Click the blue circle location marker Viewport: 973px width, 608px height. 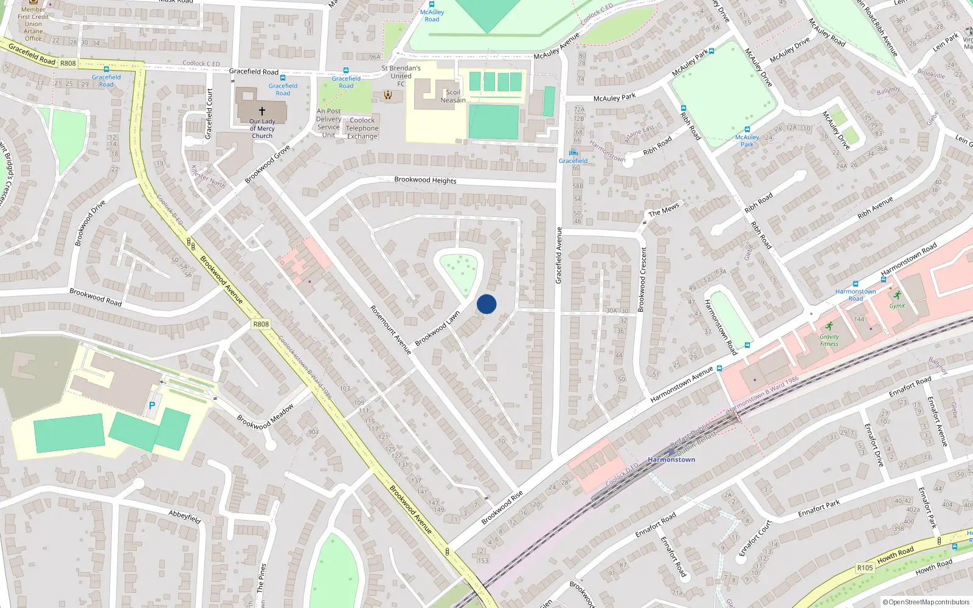(486, 304)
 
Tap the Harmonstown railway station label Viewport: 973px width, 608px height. (671, 460)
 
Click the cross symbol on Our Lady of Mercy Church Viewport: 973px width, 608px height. (262, 111)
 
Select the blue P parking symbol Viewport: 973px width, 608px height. (152, 405)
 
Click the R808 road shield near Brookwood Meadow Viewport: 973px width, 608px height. (261, 324)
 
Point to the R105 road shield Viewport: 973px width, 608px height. (865, 568)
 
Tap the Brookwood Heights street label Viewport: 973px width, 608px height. (425, 180)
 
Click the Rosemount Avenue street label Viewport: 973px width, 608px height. (391, 330)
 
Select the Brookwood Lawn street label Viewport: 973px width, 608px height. (437, 329)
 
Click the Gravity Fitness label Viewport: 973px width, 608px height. (829, 340)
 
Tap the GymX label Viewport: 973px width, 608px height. (897, 306)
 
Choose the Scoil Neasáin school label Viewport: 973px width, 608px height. (453, 96)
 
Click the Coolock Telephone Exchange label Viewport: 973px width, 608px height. (362, 128)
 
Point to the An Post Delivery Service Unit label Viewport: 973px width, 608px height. (328, 123)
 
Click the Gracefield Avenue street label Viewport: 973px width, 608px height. (559, 255)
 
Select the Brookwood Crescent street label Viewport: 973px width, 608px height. (643, 280)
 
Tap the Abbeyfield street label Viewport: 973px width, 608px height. (184, 517)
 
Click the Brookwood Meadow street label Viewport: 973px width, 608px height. (265, 417)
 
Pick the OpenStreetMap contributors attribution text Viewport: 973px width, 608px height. (926, 602)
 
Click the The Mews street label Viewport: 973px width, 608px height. (663, 210)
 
